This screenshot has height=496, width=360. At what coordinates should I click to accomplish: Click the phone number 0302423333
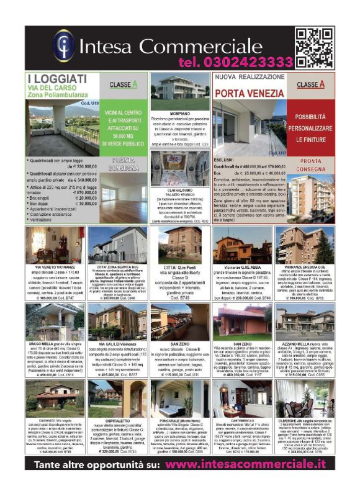pyautogui.click(x=235, y=62)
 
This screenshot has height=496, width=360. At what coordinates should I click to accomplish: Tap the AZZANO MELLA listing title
pyautogui.click(x=293, y=343)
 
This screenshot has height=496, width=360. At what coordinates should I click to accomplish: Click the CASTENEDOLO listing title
pyautogui.click(x=243, y=420)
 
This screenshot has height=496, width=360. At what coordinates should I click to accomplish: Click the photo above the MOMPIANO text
pyautogui.click(x=180, y=93)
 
